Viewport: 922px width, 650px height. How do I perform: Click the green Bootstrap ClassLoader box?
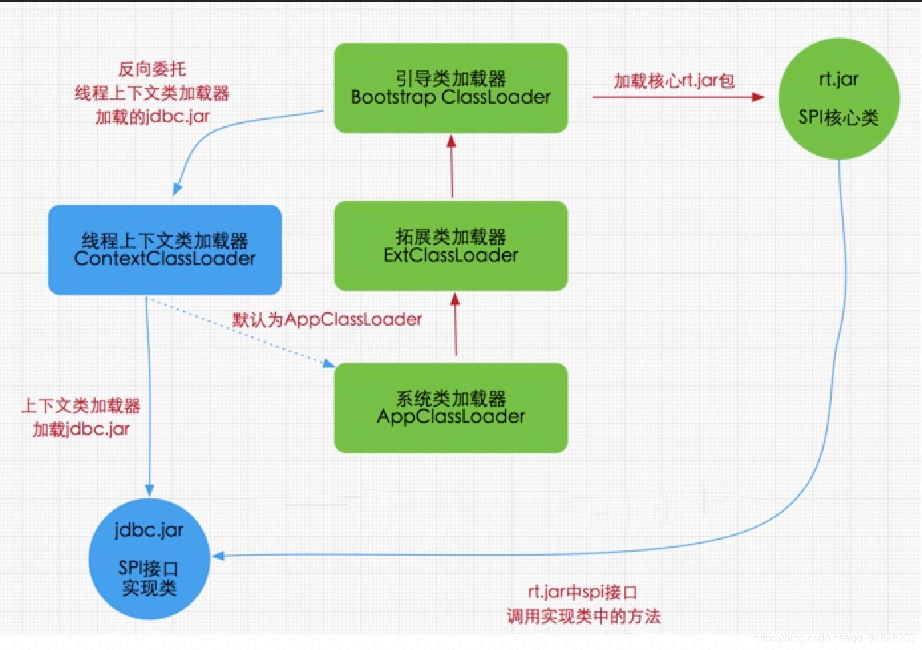click(x=450, y=88)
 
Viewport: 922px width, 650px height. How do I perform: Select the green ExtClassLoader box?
click(x=450, y=246)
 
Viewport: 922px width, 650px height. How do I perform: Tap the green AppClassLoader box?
click(x=450, y=407)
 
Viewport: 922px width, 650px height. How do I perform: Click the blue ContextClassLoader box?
click(x=165, y=250)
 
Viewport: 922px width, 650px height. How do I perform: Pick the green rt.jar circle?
click(x=838, y=98)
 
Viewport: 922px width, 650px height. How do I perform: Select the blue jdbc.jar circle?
click(x=149, y=558)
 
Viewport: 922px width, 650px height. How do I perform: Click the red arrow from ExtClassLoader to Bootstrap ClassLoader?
click(x=452, y=166)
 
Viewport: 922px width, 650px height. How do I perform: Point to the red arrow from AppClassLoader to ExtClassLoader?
click(x=456, y=326)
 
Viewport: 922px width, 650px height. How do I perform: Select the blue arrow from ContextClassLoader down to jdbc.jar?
click(x=149, y=399)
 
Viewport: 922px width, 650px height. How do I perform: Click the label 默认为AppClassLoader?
click(x=327, y=320)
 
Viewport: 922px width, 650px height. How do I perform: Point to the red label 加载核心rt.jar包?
click(x=674, y=81)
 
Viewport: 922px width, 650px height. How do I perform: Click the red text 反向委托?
click(x=152, y=69)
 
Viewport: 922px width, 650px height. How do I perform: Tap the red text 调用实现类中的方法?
click(x=583, y=616)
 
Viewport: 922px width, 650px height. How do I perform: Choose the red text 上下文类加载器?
click(x=80, y=405)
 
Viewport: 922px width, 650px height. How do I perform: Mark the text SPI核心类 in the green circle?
click(x=838, y=118)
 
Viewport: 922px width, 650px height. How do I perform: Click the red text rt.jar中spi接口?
click(x=583, y=592)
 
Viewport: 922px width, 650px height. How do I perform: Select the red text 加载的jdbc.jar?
click(x=152, y=117)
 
